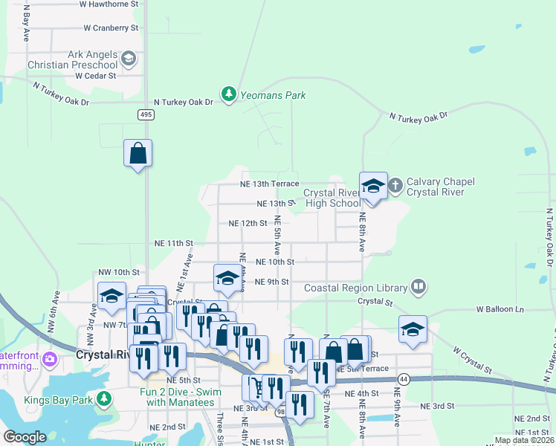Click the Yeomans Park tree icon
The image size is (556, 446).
click(x=230, y=94)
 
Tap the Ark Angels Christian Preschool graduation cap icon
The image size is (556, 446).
click(x=128, y=59)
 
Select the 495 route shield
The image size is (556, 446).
click(x=146, y=114)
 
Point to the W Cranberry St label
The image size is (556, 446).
click(x=111, y=28)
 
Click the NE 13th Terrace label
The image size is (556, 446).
click(x=269, y=184)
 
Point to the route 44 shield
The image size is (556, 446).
click(x=402, y=379)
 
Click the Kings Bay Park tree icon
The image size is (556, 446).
click(x=105, y=398)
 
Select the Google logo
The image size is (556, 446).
click(x=25, y=437)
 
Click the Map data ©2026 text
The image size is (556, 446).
click(x=523, y=440)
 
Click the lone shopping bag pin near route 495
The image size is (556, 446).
click(x=138, y=153)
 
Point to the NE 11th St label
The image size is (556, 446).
click(x=173, y=243)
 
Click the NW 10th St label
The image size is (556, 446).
click(x=117, y=272)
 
